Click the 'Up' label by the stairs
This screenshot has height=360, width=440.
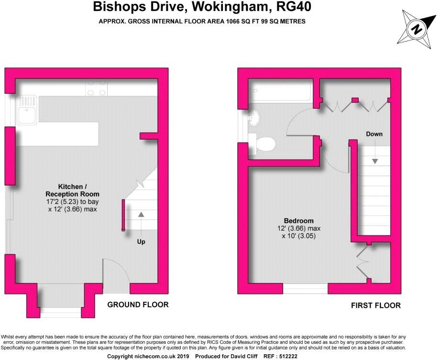141,242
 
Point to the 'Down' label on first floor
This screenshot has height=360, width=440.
374,134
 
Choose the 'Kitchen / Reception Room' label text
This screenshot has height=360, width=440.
72,190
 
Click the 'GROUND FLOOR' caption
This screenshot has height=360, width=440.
138,304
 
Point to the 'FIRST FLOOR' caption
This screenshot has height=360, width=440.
376,305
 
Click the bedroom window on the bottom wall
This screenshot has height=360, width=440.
305,289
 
